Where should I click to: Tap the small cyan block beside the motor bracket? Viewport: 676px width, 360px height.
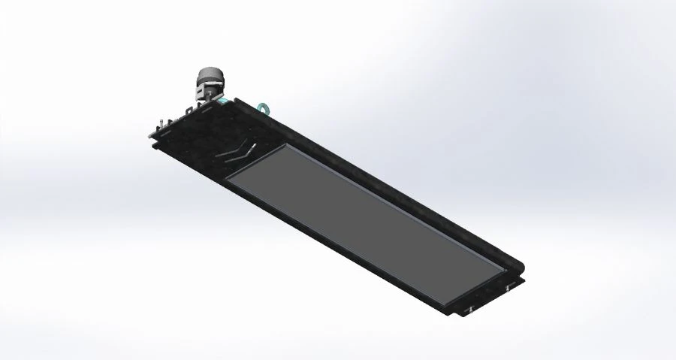point(222,99)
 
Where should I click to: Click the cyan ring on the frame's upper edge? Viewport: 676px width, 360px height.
point(264,107)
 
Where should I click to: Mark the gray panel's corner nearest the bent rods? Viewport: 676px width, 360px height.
point(228,180)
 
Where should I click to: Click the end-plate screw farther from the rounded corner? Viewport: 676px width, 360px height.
point(468,309)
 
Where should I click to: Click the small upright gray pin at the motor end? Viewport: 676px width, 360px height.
point(161,123)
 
